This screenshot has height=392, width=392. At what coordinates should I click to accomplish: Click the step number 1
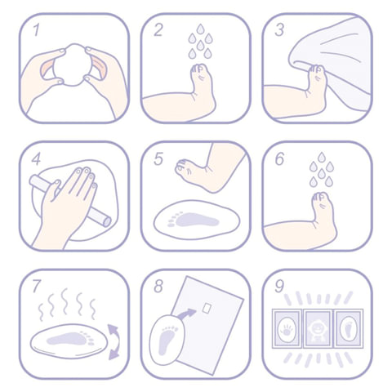[x=37, y=30]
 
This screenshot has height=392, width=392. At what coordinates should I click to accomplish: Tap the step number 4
[x=36, y=158]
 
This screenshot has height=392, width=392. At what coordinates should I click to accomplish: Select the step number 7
[x=37, y=287]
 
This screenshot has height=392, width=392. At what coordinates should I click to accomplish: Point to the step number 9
[x=279, y=287]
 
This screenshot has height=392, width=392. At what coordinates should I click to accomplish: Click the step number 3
[x=279, y=30]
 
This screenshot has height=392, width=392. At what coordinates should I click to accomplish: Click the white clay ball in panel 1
[x=71, y=65]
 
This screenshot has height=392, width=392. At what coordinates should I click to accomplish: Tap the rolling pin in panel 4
[x=70, y=201]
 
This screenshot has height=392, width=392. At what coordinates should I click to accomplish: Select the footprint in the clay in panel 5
[x=194, y=220]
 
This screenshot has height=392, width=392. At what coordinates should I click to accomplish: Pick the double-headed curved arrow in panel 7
[x=114, y=342]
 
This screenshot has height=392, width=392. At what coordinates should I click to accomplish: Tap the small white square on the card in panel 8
[x=207, y=308]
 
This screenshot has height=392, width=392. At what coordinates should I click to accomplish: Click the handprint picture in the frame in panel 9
[x=287, y=328]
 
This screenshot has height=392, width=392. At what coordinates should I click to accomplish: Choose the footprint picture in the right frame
[x=349, y=328]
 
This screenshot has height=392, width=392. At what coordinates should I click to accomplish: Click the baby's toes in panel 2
[x=199, y=69]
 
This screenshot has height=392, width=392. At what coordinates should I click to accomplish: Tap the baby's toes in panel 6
[x=321, y=197]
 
